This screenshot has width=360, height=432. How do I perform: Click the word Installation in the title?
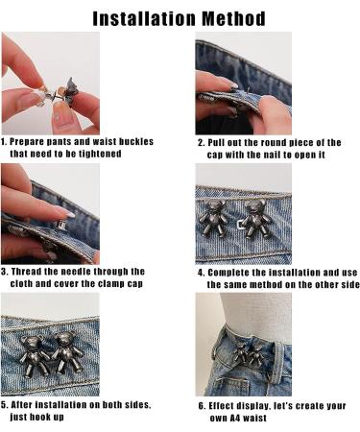click(x=145, y=19)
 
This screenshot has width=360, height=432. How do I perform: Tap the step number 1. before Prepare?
click(x=4, y=142)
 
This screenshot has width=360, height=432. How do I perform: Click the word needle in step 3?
click(x=76, y=272)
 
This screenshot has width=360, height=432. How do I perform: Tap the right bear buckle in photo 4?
click(x=257, y=219)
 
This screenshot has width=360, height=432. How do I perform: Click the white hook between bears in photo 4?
click(x=240, y=225)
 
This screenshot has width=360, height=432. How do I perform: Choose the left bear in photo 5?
click(x=33, y=355)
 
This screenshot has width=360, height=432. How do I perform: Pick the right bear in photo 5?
click(x=68, y=353)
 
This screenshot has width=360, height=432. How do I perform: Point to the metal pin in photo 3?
click(x=61, y=226)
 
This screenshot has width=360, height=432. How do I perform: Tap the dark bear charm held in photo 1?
click(x=71, y=89)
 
